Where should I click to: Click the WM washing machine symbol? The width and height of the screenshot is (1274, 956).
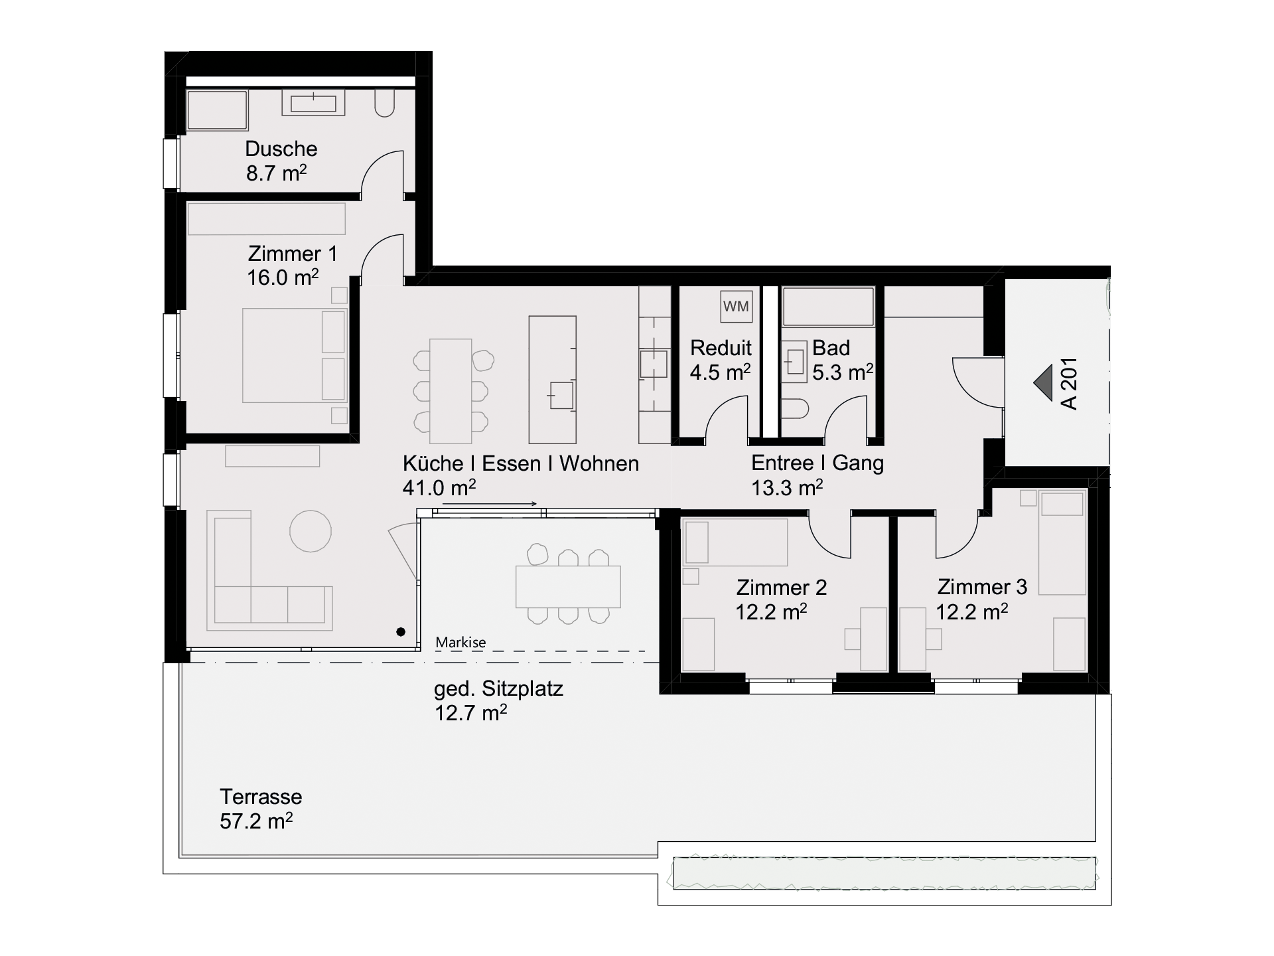[736, 306]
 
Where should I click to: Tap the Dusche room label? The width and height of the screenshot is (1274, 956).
[281, 149]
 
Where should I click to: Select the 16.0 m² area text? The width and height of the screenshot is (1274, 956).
[283, 277]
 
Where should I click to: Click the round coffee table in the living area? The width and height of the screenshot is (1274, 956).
[311, 530]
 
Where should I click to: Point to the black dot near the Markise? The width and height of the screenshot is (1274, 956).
[401, 632]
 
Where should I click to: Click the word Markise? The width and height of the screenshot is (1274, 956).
[460, 643]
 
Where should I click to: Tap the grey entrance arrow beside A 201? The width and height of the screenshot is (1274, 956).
[1043, 383]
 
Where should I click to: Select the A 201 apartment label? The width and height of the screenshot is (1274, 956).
[1069, 384]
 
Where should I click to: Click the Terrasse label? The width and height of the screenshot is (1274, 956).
[261, 797]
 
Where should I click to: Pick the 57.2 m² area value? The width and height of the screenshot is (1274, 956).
[256, 821]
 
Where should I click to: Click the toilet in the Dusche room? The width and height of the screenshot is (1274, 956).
[385, 104]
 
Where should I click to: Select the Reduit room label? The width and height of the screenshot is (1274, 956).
[721, 348]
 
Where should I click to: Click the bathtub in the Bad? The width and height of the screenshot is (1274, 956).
[828, 306]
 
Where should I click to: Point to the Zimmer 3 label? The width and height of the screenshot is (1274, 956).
[982, 587]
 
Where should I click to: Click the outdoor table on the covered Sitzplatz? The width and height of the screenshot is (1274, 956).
[568, 587]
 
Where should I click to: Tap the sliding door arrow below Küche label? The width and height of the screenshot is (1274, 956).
[490, 505]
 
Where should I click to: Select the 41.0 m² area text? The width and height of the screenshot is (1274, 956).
[439, 488]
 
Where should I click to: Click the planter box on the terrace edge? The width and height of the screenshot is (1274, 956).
[885, 873]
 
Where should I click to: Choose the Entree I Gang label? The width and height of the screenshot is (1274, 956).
[817, 463]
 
